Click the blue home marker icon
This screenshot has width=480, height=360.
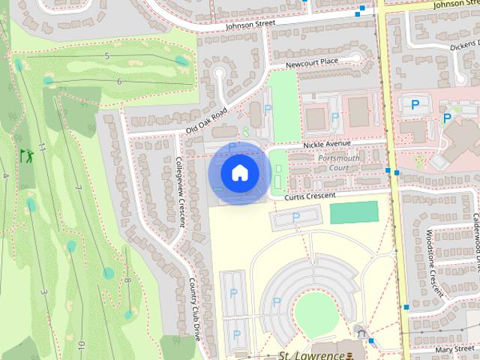[x=239, y=172]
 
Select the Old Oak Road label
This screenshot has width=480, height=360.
[x=206, y=121]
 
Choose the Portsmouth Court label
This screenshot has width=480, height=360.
[x=339, y=163]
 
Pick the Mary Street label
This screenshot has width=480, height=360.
[x=451, y=349]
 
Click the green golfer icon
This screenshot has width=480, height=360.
[x=27, y=157]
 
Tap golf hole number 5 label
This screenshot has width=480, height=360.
[x=107, y=56]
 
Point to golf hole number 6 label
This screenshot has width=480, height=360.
[x=119, y=81]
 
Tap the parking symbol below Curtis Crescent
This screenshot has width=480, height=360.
[x=295, y=217]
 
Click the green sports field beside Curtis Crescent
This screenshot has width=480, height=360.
[x=355, y=212]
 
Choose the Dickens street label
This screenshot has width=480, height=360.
[x=463, y=46]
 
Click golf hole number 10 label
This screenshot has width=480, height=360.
[x=80, y=346]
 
